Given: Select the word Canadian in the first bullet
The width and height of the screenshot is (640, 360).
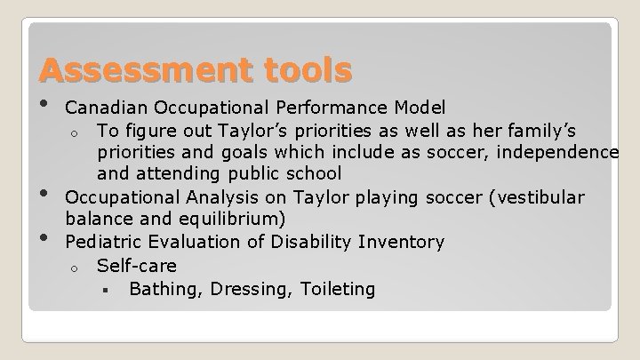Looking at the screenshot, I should (107, 108).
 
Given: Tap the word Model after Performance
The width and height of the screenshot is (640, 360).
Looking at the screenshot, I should (421, 108).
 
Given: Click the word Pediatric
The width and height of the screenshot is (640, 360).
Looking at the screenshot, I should (105, 242).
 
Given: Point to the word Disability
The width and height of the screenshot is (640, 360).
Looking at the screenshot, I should (324, 242).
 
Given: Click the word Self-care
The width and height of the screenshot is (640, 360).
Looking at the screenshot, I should (137, 266).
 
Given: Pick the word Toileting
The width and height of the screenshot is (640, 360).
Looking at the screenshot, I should (338, 289).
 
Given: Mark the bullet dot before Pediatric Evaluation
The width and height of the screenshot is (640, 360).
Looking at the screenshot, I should (44, 236).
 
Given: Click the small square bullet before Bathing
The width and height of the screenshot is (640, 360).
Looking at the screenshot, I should (104, 290).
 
